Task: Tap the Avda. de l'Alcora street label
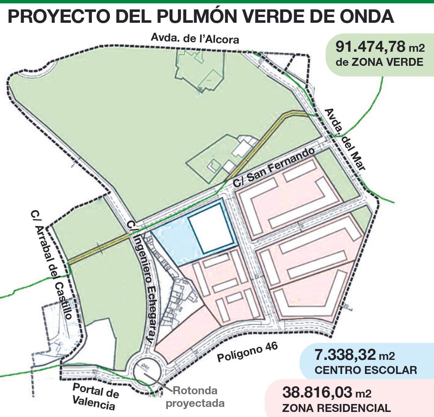[x=195, y=38]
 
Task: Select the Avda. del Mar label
[x=345, y=139]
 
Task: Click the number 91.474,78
[x=371, y=47]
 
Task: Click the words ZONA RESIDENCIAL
[x=336, y=408]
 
